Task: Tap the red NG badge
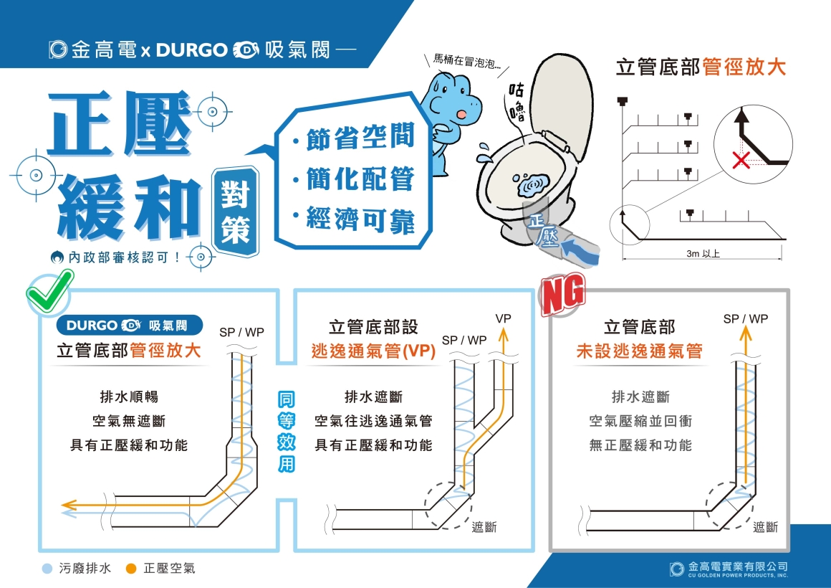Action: tap(562, 293)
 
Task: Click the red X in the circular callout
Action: tap(741, 160)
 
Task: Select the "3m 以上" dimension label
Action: tap(703, 254)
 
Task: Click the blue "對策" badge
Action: tap(235, 212)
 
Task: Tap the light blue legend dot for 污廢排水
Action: tap(47, 569)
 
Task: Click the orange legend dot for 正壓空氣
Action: tap(131, 569)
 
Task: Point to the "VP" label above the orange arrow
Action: tap(503, 319)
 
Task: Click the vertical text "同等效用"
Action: tap(286, 432)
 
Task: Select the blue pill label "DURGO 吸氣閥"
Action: tap(130, 326)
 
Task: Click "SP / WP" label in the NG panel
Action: tap(745, 319)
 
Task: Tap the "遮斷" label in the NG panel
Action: tap(765, 527)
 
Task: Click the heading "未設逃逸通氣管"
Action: tap(639, 351)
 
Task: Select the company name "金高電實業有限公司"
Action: tap(738, 566)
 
